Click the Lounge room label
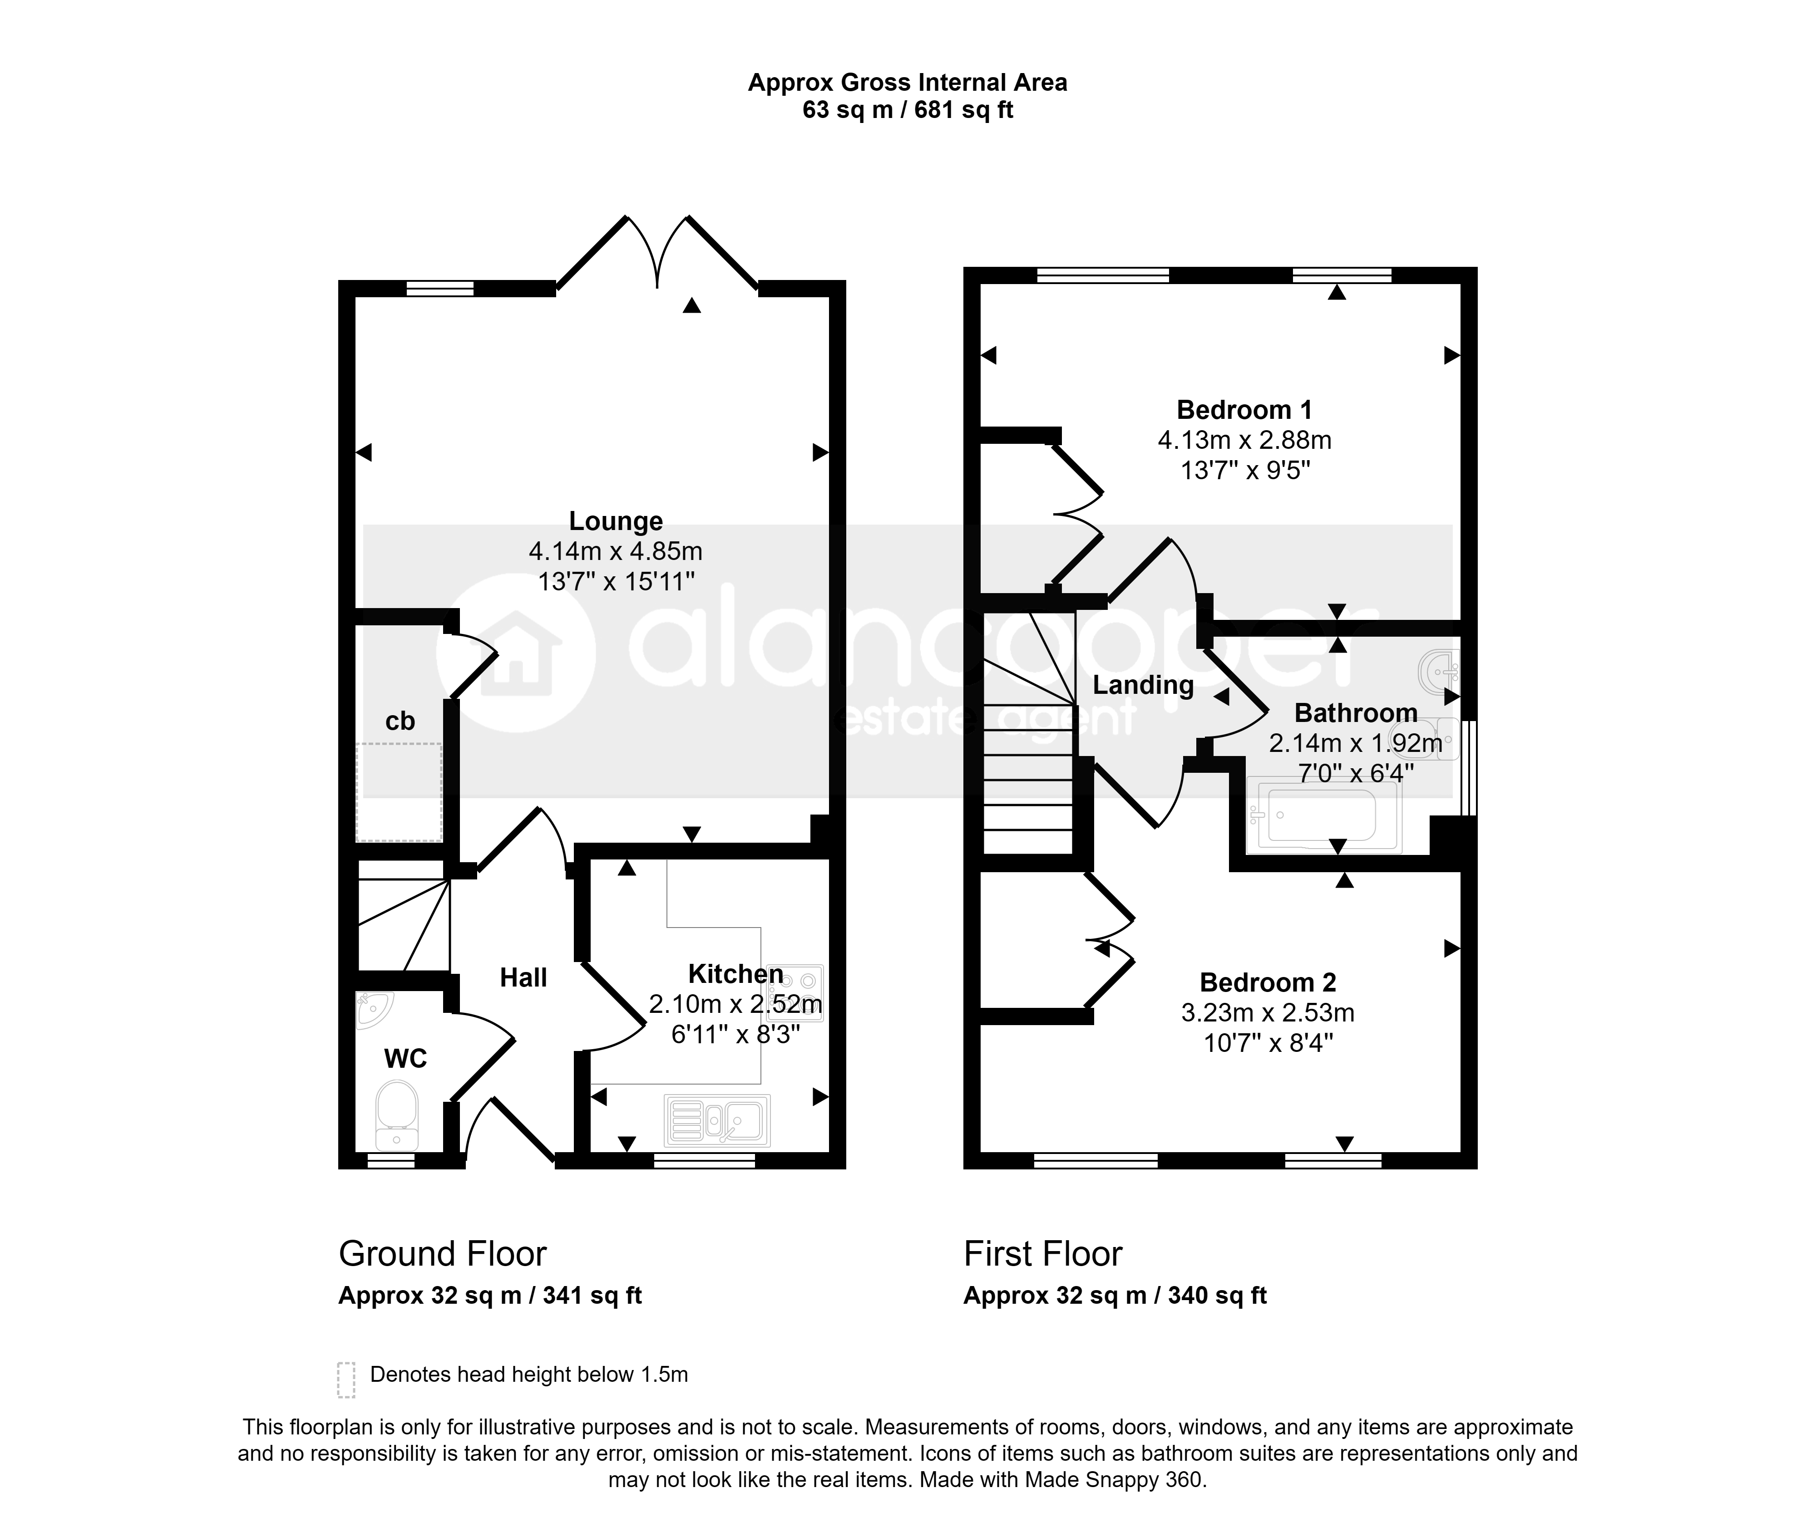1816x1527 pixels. [x=616, y=521]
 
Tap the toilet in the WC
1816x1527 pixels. [x=398, y=1115]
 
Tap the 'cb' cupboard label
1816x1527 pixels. [x=400, y=721]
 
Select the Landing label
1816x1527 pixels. [x=1143, y=686]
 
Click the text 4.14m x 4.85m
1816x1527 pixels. [x=616, y=551]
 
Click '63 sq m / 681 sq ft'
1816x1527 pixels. [x=908, y=110]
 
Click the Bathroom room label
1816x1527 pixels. [x=1355, y=713]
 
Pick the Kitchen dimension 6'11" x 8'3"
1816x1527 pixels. [x=735, y=1035]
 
